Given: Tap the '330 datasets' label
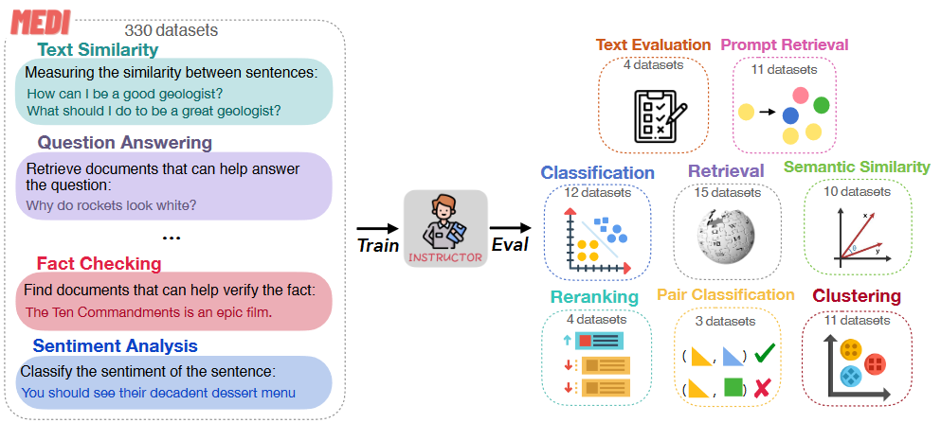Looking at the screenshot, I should click(x=171, y=30).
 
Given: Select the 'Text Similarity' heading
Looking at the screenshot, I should click(x=98, y=49).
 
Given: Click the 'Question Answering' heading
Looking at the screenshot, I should click(x=124, y=142).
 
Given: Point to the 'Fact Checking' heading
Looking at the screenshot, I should click(x=99, y=263).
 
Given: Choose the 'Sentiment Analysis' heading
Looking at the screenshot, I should click(x=115, y=345).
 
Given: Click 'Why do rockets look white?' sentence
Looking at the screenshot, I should click(x=111, y=204).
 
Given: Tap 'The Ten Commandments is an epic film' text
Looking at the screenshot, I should click(x=149, y=311).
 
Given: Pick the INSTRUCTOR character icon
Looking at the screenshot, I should click(x=444, y=223).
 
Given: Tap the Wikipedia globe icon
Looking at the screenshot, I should click(x=727, y=238).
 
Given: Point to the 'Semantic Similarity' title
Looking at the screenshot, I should click(x=857, y=167).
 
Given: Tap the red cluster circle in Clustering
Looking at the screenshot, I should click(x=875, y=363).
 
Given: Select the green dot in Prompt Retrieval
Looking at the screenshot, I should click(x=822, y=104).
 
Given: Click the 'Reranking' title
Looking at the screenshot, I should click(x=594, y=297).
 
